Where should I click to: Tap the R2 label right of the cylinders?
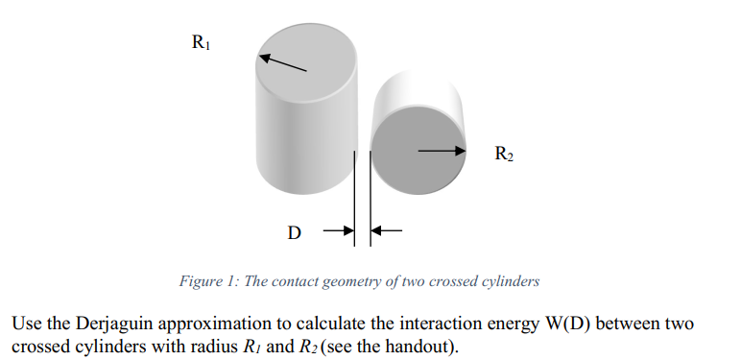click(504, 153)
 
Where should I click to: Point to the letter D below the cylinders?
click(295, 232)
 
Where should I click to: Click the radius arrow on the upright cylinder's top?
click(283, 62)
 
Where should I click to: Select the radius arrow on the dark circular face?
click(441, 150)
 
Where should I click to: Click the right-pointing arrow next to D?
click(339, 230)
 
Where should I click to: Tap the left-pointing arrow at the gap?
click(386, 230)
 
